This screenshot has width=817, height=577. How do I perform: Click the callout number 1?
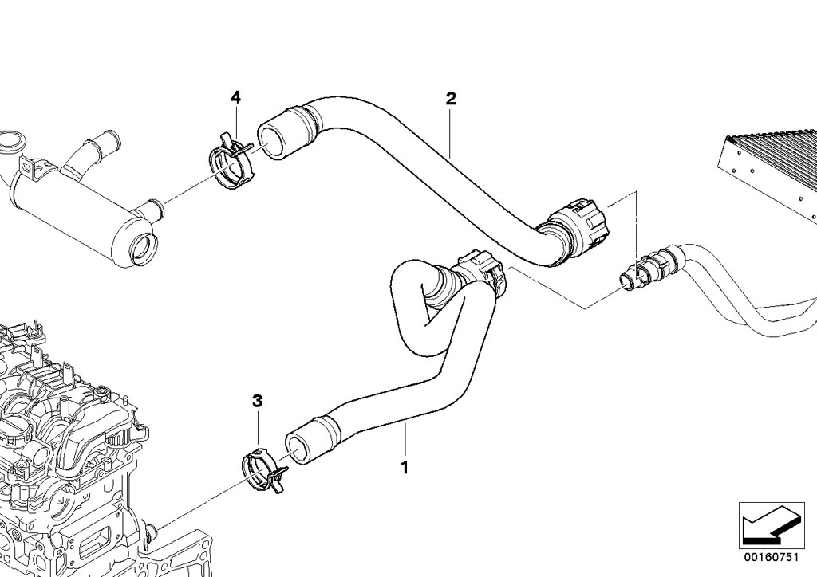(405, 467)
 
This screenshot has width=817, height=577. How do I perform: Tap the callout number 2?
(451, 99)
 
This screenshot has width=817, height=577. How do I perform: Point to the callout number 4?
(235, 97)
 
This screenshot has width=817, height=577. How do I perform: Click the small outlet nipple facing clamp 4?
(149, 210)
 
